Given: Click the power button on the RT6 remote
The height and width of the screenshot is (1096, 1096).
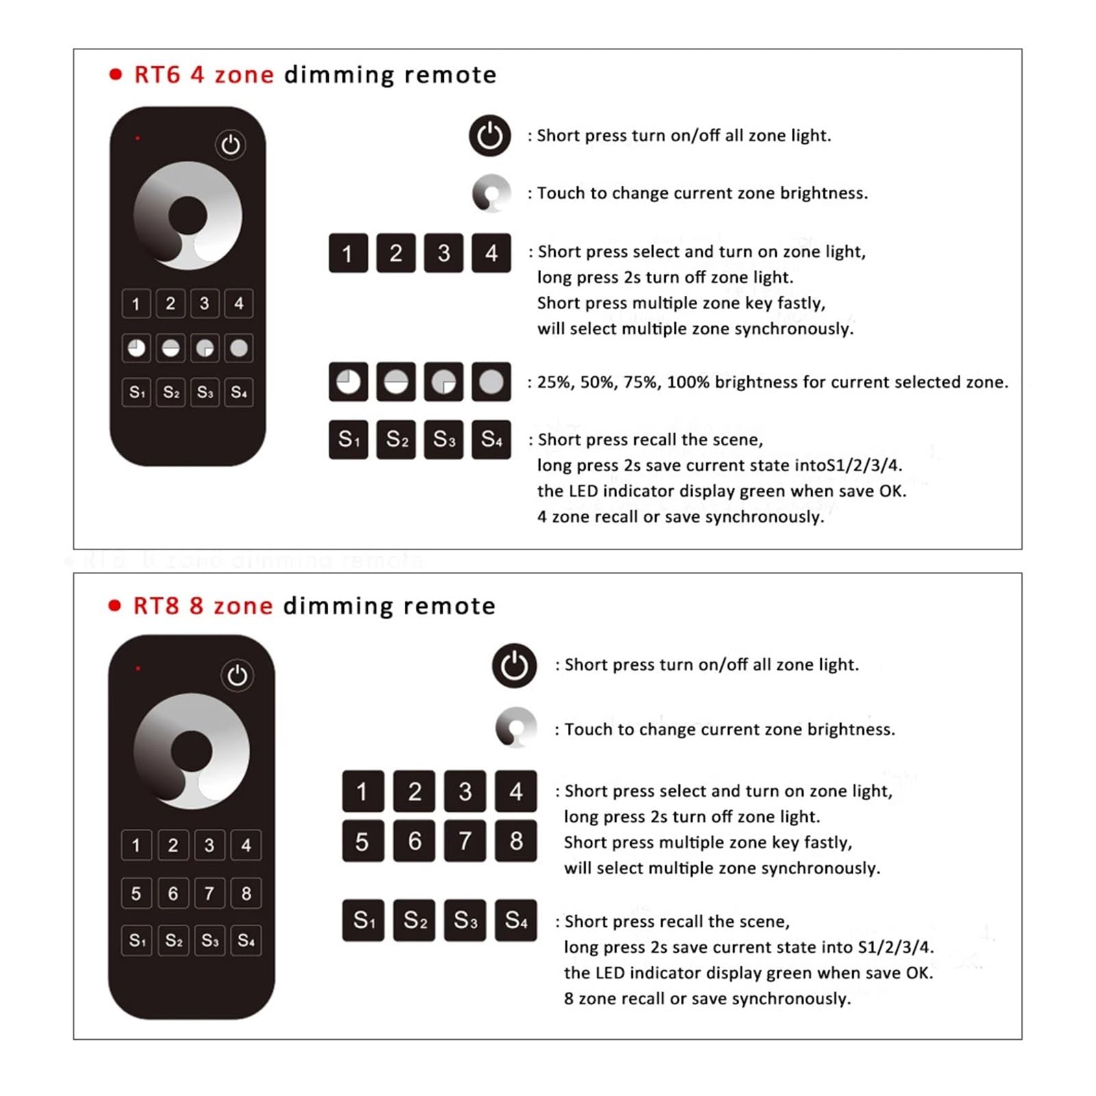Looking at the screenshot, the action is point(230,145).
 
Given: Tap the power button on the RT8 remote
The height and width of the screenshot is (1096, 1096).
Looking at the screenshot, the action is point(237,675).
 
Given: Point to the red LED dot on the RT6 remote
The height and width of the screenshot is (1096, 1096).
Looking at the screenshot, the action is point(138,138).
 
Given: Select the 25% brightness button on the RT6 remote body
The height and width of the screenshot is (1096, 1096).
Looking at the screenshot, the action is point(136,348).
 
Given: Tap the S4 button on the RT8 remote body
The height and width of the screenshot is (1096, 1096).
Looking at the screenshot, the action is point(246,941).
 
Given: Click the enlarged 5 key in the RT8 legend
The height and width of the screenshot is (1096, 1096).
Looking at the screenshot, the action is point(362,840).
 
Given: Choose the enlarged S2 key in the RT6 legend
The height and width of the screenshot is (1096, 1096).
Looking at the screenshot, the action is point(396,439).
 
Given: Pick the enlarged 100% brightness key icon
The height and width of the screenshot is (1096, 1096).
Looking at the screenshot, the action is point(491,382).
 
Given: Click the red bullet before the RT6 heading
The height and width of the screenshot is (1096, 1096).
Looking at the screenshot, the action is point(116,74).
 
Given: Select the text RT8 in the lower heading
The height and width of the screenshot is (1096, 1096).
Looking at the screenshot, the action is point(156,606).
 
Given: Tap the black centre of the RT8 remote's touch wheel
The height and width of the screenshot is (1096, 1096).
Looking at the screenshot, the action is point(191,751).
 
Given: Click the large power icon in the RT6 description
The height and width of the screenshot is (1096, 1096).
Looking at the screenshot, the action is point(490,136).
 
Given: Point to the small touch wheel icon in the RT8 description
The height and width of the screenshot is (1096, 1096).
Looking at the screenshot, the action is point(516,727).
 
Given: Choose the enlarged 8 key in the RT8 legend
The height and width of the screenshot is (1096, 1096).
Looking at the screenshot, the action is point(516,840).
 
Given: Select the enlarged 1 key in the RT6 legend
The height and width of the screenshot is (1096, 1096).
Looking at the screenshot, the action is point(348,253).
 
